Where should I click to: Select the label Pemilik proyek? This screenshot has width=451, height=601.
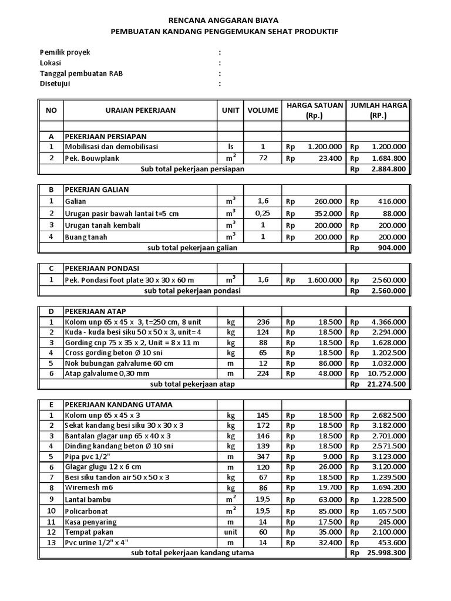(x=65, y=52)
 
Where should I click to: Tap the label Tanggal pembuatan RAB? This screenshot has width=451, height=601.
(x=81, y=73)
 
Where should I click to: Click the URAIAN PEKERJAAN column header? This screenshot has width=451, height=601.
(x=140, y=110)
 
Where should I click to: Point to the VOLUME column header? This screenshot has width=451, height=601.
(x=262, y=110)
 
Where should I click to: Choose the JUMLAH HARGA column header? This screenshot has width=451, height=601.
(x=378, y=110)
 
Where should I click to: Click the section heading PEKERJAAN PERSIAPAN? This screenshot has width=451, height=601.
(x=106, y=136)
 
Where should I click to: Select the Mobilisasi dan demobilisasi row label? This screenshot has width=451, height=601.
(x=112, y=147)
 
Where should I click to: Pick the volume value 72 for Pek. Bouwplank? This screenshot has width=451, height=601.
(x=262, y=158)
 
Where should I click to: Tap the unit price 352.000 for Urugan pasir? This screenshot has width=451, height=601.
(x=325, y=214)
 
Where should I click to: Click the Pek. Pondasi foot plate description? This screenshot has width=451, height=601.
(x=129, y=281)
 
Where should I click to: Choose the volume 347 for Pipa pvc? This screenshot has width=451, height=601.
(x=262, y=456)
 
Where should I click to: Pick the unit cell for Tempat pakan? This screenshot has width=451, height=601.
(x=230, y=533)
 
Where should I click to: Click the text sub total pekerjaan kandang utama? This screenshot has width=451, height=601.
(x=193, y=553)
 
